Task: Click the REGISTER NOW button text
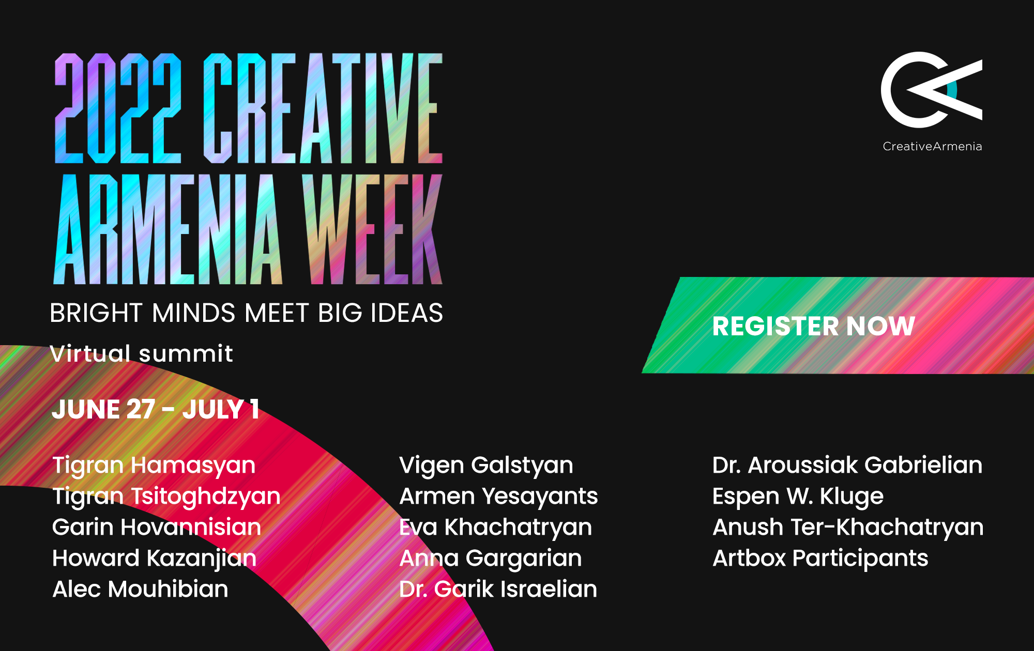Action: coord(814,326)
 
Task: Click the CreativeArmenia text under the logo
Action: coord(932,146)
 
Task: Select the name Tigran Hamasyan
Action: coord(154,466)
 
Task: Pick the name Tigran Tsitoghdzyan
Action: coord(166,497)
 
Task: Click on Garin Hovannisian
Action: coord(157,527)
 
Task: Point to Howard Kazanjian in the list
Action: coord(155,559)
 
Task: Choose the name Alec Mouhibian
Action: coord(140,589)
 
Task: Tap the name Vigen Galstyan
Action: coord(486,466)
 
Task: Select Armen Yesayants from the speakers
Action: coord(498,497)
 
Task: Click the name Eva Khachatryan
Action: coord(495,528)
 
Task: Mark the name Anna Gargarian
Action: coord(490,559)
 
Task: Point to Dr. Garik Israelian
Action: coord(498,589)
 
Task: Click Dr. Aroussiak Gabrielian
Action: coord(847,465)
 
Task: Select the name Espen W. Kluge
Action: coord(798,497)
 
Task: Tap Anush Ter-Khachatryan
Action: coord(848,528)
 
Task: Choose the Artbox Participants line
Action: coord(820,559)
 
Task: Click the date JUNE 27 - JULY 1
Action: coord(156,410)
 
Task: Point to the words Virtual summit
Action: coord(141,353)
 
